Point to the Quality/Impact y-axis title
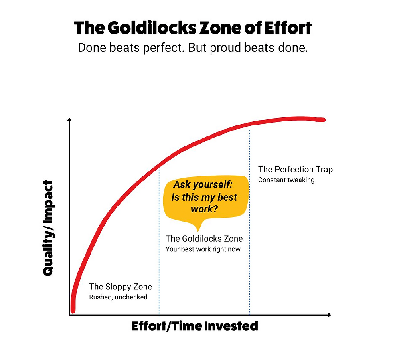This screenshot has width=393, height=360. point(48,228)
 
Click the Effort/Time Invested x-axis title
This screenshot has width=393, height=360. point(194,326)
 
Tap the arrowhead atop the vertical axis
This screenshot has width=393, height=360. point(69,120)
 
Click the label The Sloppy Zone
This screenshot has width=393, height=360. point(120,287)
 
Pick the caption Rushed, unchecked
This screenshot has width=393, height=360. point(118,297)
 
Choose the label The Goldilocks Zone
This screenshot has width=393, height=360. point(204,239)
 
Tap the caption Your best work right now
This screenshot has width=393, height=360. point(203,249)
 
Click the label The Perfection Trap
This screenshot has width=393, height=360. point(295,169)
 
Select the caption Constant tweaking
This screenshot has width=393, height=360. point(286,180)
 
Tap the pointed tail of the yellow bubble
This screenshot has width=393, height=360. point(201,228)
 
